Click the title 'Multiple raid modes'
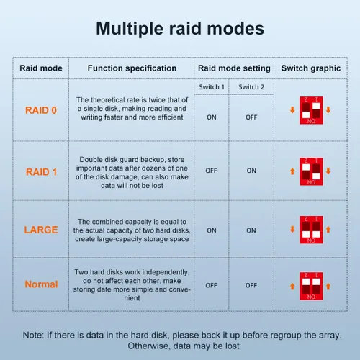pos(180,29)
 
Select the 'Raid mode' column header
pos(41,68)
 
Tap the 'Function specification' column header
pos(132,68)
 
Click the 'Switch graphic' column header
pos(311,68)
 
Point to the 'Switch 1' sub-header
pos(212,87)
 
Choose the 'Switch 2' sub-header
pos(251,87)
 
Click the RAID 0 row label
pos(41,110)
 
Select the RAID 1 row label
pos(41,172)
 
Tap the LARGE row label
pos(41,230)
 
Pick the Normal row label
pos(41,284)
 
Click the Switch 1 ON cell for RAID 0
pos(212,117)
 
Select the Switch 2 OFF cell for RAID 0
pos(251,117)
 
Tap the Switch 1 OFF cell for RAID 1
pos(211,171)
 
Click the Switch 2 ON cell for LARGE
pos(251,230)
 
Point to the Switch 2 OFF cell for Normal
pos(251,285)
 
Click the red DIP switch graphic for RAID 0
pos(311,110)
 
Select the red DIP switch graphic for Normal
pos(311,286)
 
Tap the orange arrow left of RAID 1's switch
pos(292,171)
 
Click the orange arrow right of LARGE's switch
pos(328,230)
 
